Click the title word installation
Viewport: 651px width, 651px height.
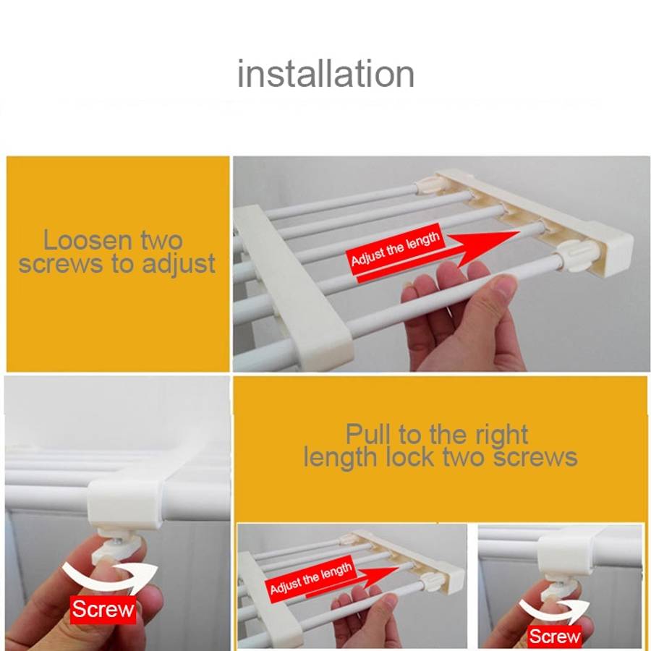tap(325, 75)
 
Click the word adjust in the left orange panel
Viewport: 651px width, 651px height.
tap(179, 265)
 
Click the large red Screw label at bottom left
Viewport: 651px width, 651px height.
tap(103, 609)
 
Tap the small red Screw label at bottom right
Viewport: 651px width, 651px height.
tap(554, 636)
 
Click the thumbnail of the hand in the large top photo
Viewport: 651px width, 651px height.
tap(503, 285)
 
